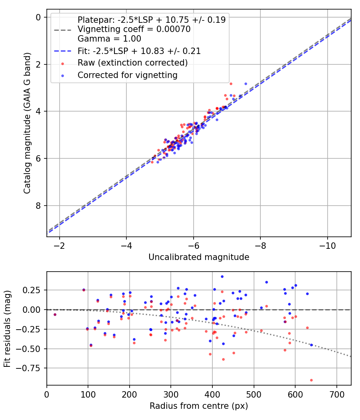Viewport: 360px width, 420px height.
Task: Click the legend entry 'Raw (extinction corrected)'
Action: (132, 63)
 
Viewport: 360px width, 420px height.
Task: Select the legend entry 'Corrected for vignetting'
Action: (127, 75)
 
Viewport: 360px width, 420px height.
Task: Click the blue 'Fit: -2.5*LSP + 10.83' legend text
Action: (139, 51)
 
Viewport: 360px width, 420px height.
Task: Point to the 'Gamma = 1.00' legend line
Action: (109, 39)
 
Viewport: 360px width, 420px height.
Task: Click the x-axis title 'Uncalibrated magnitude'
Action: (199, 257)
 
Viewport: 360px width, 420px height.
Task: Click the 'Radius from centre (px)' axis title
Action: (199, 406)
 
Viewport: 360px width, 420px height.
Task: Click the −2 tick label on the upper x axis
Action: (60, 245)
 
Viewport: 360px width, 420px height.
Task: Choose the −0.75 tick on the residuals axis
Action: (32, 368)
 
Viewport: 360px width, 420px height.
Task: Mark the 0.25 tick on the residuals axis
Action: (34, 290)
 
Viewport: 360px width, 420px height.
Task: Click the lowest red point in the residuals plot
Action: (311, 380)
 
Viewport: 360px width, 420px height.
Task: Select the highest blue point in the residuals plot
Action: (222, 276)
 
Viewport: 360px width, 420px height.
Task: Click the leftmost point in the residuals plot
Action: (55, 314)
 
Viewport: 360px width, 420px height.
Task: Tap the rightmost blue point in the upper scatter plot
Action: (246, 84)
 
